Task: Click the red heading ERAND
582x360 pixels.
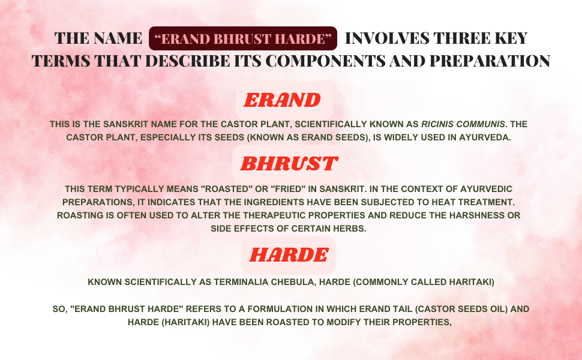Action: click(x=284, y=100)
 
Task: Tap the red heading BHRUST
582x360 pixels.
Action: click(x=289, y=163)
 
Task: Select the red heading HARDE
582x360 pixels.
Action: click(x=289, y=255)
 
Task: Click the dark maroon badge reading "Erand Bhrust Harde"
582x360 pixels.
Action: click(x=242, y=38)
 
